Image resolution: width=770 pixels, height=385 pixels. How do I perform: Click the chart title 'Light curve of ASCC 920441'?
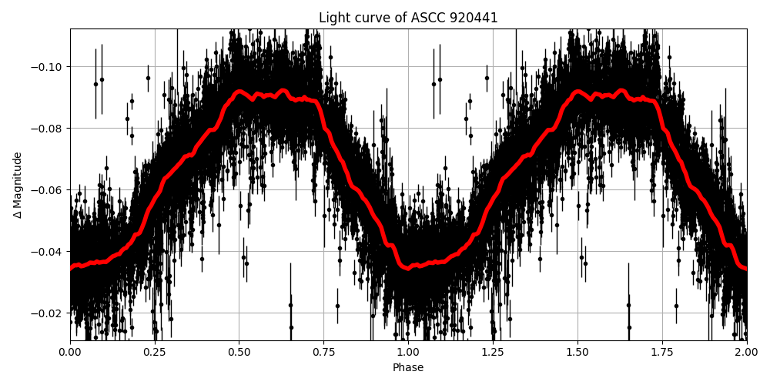408,18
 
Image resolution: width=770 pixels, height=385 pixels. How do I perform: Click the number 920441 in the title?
473,18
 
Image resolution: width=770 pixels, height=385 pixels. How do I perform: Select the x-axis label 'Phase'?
408,368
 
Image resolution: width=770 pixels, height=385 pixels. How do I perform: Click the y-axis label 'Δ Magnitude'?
18,185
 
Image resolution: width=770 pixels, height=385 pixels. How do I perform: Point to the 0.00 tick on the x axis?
70,352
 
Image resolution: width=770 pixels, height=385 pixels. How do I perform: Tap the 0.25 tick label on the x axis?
155,352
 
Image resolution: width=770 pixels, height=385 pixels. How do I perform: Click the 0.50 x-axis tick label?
239,352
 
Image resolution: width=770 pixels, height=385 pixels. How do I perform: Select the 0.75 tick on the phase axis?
323,352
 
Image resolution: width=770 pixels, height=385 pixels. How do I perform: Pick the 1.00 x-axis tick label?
408,352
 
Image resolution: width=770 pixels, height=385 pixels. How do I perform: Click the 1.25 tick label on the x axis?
493,352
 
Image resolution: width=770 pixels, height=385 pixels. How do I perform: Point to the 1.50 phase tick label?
577,352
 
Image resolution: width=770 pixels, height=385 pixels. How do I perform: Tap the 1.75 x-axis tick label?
661,352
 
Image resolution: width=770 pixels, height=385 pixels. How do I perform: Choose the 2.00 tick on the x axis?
746,352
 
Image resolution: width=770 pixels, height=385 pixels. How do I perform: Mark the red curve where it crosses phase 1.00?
408,267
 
